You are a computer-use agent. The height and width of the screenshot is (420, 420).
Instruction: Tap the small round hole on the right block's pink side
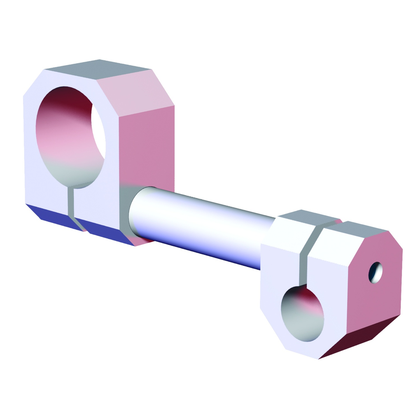(375, 272)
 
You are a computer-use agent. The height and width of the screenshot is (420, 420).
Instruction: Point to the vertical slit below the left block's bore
(71, 201)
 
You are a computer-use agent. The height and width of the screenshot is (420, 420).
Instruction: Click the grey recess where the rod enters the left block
(124, 210)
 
